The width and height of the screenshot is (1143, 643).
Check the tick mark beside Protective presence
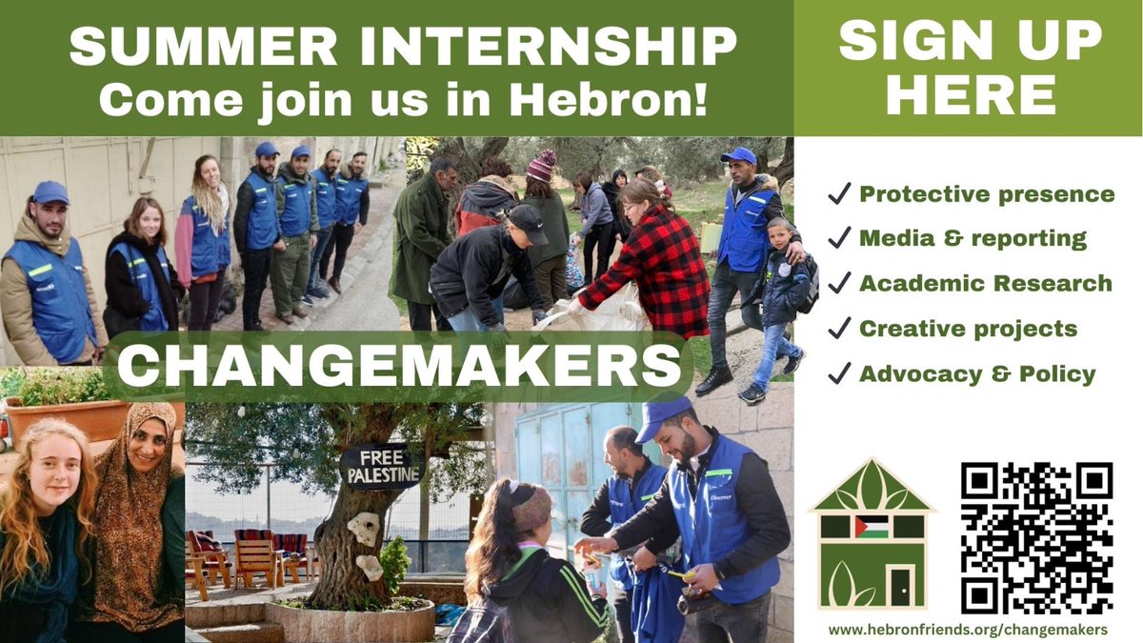[838, 194]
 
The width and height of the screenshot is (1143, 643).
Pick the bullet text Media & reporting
[972, 239]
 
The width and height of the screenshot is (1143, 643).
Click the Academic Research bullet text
[985, 284]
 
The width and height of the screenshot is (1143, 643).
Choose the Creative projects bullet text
[968, 329]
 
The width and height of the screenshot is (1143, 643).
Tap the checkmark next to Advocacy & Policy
[838, 374]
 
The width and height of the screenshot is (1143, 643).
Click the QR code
[1036, 538]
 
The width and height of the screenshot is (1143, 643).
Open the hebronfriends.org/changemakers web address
[968, 630]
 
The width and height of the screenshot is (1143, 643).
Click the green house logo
[872, 538]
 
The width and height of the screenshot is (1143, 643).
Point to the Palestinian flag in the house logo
[871, 527]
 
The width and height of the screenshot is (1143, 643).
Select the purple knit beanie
[541, 165]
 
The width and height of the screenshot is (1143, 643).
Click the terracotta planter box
[67, 419]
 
